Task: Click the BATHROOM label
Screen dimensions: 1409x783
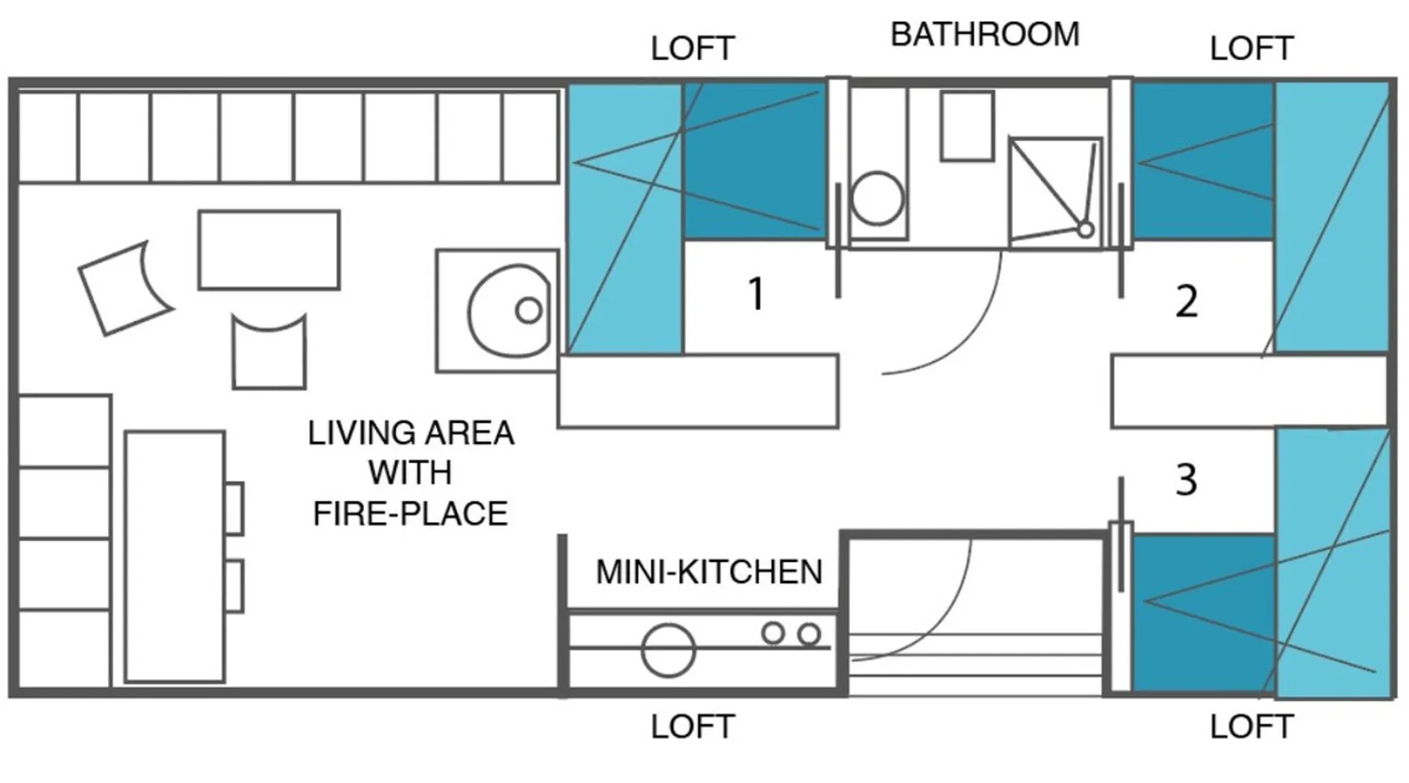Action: [x=985, y=34]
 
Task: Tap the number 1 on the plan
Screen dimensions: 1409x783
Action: [x=755, y=294]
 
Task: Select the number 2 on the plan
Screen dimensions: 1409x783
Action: [x=1187, y=301]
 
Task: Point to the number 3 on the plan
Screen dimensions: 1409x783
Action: [x=1187, y=480]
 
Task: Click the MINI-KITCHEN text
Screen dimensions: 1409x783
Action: [x=709, y=572]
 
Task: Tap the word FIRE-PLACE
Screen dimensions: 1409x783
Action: [x=410, y=514]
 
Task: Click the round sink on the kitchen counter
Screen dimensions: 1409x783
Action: [x=668, y=650]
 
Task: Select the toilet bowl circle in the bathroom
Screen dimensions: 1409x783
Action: [x=877, y=198]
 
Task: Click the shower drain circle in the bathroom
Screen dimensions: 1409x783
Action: [x=1086, y=229]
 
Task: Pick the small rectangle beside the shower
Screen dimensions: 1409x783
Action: [x=968, y=126]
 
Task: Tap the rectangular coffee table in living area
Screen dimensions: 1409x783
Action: [x=268, y=250]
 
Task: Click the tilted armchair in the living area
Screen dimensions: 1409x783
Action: [x=125, y=287]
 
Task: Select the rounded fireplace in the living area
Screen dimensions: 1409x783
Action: [x=510, y=311]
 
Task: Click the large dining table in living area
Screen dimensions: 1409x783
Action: [x=175, y=556]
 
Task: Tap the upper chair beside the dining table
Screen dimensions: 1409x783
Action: [x=234, y=508]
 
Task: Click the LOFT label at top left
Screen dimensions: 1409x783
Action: [x=693, y=49]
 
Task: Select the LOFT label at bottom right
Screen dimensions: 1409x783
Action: [x=1251, y=727]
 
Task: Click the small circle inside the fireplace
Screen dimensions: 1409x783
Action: [x=528, y=311]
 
